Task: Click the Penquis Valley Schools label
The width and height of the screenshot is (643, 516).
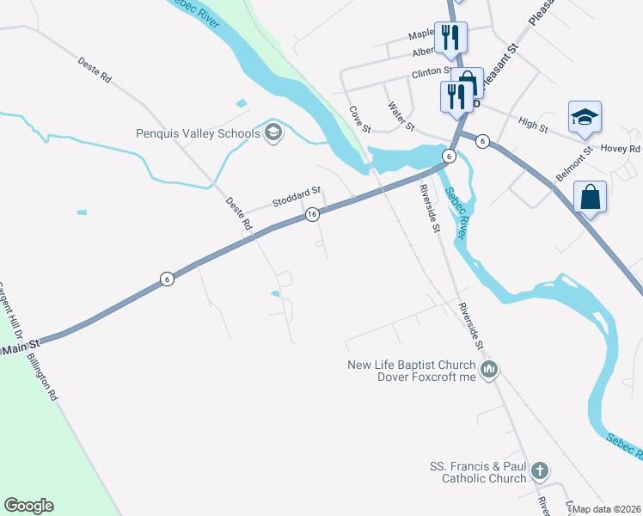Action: (x=198, y=133)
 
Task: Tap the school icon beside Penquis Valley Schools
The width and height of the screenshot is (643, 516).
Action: (x=273, y=132)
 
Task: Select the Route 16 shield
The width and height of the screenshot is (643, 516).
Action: (x=313, y=213)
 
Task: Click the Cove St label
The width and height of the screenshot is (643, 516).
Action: (x=359, y=120)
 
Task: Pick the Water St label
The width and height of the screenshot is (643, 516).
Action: (x=401, y=117)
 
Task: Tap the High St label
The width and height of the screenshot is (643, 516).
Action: (x=533, y=126)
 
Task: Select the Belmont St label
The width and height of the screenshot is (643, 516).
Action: (x=574, y=163)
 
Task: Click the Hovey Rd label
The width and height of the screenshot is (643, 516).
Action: (x=621, y=149)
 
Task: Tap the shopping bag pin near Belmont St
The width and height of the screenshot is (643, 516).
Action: (x=590, y=198)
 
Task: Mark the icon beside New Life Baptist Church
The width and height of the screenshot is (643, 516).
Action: (x=490, y=371)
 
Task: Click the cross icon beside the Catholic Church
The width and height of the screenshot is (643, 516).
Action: (x=539, y=470)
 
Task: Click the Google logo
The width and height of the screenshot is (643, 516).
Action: (x=28, y=506)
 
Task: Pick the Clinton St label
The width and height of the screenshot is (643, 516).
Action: (x=432, y=72)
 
